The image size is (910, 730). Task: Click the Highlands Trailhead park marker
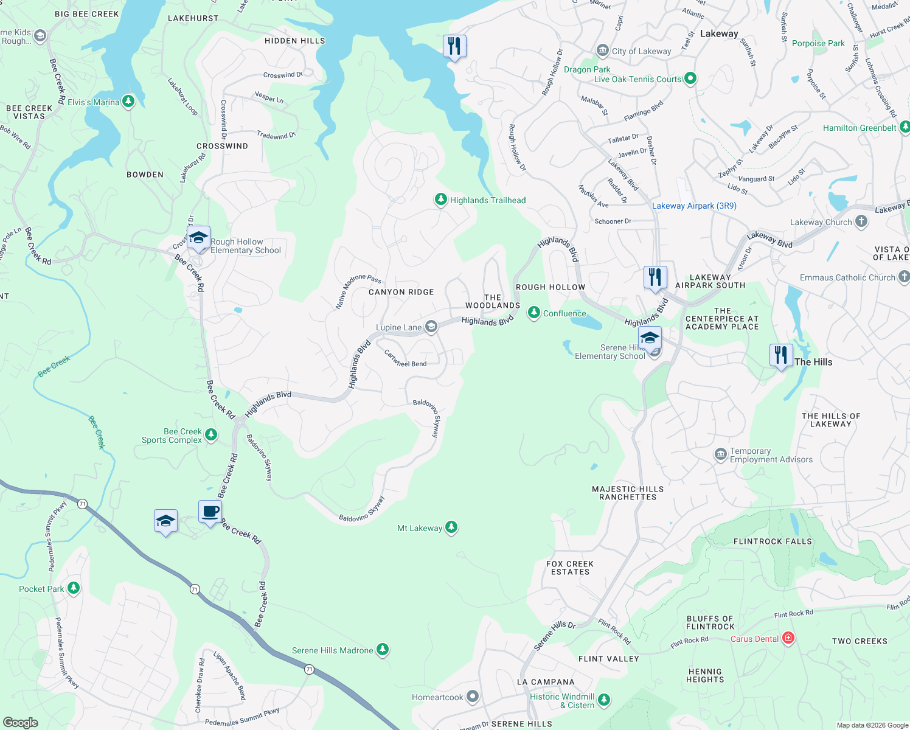point(441,200)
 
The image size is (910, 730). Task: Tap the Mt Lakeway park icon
point(451,527)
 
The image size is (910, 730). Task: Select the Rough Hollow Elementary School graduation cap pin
point(198,238)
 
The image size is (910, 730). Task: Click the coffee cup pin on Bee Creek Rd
point(210,512)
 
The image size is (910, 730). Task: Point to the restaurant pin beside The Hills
point(780,355)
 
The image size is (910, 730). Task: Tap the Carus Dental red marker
point(788,638)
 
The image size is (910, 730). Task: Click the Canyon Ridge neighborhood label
point(401,292)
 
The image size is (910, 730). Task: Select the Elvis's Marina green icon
point(128,102)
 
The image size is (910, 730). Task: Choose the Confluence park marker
point(533,313)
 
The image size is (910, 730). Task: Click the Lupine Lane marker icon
point(431,327)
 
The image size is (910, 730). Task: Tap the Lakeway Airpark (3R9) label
point(694,206)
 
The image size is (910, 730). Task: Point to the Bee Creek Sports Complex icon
point(211,434)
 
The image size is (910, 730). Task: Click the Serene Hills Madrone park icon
point(382,650)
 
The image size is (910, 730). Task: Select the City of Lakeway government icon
point(602,50)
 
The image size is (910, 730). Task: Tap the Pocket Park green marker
point(73,588)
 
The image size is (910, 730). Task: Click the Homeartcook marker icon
point(473,697)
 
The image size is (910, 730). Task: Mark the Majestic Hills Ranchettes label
point(628,493)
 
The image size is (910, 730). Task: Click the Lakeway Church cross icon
point(861,221)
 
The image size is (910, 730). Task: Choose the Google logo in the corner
point(21,722)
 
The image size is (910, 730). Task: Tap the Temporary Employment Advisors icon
point(720,454)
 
